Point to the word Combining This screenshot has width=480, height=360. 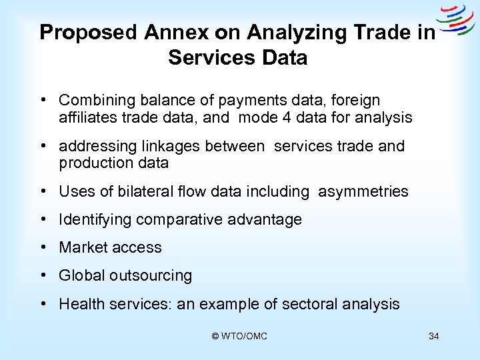(93, 101)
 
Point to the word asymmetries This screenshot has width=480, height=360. (363, 192)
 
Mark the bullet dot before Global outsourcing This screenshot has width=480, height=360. (42, 275)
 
